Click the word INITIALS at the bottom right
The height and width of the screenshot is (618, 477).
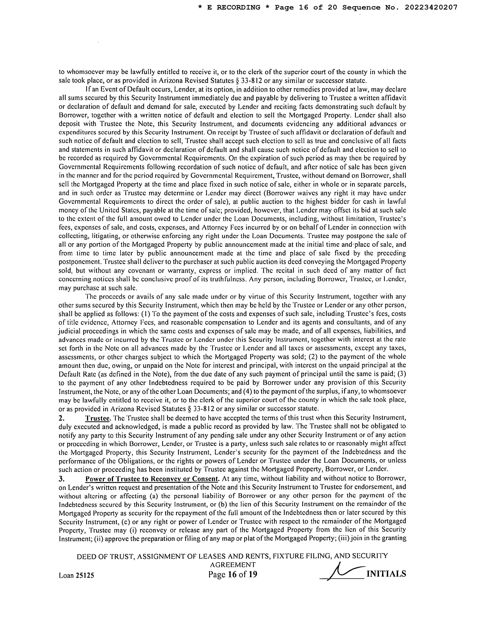click(386, 574)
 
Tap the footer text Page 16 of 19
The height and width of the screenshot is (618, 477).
click(233, 574)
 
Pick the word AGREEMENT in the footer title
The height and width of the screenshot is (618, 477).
click(233, 565)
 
